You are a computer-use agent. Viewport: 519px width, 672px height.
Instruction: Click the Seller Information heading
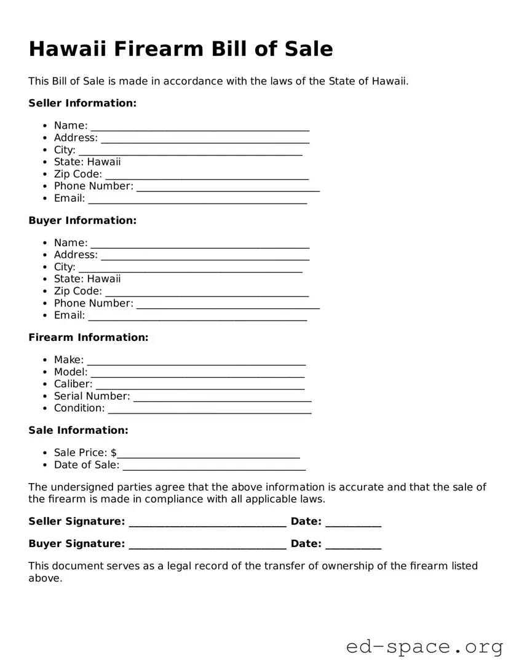point(82,103)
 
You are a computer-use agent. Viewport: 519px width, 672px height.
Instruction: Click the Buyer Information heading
point(82,220)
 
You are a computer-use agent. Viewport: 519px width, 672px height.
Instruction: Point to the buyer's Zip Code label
point(77,291)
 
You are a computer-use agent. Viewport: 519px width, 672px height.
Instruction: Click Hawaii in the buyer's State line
point(104,279)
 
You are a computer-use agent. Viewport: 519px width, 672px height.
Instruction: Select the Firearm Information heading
point(89,337)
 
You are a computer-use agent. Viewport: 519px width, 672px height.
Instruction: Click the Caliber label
point(73,384)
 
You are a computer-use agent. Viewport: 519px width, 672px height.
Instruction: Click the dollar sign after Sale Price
point(114,453)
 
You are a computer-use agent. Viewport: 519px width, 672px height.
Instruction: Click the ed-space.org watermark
point(424,647)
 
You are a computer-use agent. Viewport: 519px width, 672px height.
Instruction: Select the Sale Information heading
point(78,430)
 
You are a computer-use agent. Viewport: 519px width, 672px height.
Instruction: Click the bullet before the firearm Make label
point(46,360)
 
